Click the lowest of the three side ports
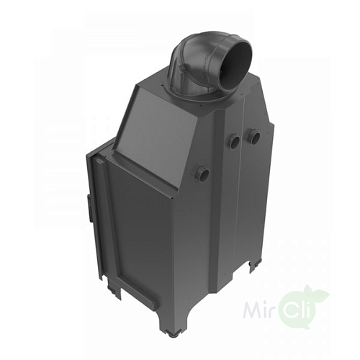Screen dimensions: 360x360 [x=204, y=174]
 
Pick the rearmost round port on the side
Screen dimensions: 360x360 [x=254, y=135]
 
